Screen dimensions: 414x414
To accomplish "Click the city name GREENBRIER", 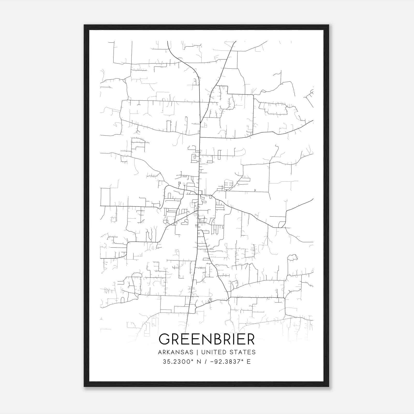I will pyautogui.click(x=207, y=339).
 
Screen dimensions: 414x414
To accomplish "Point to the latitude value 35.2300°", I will pyautogui.click(x=178, y=362).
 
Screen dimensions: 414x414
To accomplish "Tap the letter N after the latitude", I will pyautogui.click(x=199, y=362).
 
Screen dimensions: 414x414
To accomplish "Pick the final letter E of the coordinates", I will pyautogui.click(x=249, y=362).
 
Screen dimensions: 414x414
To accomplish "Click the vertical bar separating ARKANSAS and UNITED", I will pyautogui.click(x=197, y=352).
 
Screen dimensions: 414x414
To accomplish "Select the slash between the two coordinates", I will pyautogui.click(x=205, y=362).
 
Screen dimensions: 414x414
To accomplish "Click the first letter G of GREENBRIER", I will pyautogui.click(x=165, y=339).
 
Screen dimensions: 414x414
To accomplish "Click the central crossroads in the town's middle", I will pyautogui.click(x=198, y=195).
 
